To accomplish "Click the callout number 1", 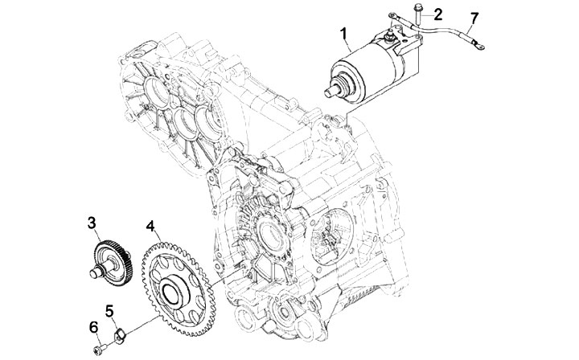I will (343, 34).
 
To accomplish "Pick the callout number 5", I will (110, 309).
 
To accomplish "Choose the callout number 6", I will (92, 327).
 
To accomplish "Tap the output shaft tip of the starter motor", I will (328, 94).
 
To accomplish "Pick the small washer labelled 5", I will (117, 331).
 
